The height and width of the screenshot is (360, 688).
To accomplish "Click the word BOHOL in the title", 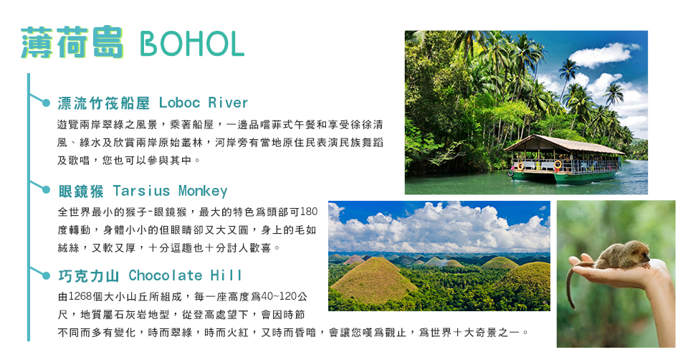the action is [x=192, y=44].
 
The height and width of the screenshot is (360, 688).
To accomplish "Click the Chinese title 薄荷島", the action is [x=72, y=42].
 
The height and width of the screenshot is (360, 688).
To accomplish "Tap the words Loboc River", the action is [x=203, y=103].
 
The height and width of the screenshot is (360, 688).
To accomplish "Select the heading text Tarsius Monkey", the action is [x=171, y=191].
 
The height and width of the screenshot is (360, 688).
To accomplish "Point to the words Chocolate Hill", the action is [x=185, y=275].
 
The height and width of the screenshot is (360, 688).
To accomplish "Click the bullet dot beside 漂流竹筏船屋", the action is [x=46, y=103].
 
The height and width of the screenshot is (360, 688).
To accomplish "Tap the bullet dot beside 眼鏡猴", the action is [x=46, y=189].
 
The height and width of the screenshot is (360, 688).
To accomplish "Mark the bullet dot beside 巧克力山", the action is [x=46, y=275].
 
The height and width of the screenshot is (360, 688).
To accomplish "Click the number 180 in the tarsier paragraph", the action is [x=309, y=212].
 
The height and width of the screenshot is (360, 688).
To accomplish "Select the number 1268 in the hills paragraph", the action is [x=80, y=297].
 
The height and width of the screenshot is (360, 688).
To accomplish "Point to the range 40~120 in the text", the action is [x=279, y=297].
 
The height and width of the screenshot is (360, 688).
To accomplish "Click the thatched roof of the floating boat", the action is [x=564, y=145].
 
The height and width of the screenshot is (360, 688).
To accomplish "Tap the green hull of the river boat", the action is [x=564, y=176].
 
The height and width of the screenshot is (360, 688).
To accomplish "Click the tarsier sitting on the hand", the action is [x=624, y=255].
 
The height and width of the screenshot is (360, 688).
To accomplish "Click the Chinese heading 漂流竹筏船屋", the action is [x=103, y=103].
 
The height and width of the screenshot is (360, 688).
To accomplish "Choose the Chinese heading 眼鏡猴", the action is [x=81, y=191].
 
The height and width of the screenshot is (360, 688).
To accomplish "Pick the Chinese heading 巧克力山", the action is [x=89, y=275].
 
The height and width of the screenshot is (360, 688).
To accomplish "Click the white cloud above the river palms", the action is [x=603, y=55].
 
